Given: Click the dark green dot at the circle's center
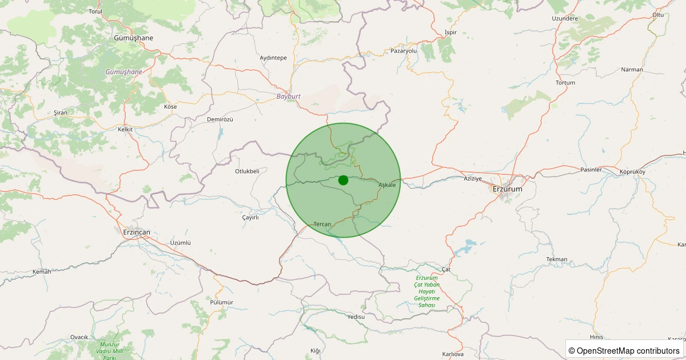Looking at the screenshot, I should (343, 180).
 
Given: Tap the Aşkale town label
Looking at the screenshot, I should (387, 185).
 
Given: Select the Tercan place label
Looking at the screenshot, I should (322, 224).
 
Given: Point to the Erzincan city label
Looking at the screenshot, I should (137, 232).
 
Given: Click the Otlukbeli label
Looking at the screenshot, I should (247, 171).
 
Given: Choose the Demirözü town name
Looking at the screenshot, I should (220, 119).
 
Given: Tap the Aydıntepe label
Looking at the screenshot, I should (273, 58).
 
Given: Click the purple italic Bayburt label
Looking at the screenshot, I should (289, 97).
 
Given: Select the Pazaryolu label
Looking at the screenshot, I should (404, 51).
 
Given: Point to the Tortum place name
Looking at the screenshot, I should (565, 83).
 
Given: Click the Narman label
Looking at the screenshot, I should (632, 70).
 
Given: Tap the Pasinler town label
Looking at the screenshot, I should (591, 170).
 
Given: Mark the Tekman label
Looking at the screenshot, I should (557, 259).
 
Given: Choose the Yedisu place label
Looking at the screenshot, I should (356, 317).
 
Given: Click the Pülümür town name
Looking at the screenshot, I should (222, 302).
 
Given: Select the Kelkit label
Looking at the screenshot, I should (125, 129).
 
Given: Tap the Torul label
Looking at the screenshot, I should (95, 11).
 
